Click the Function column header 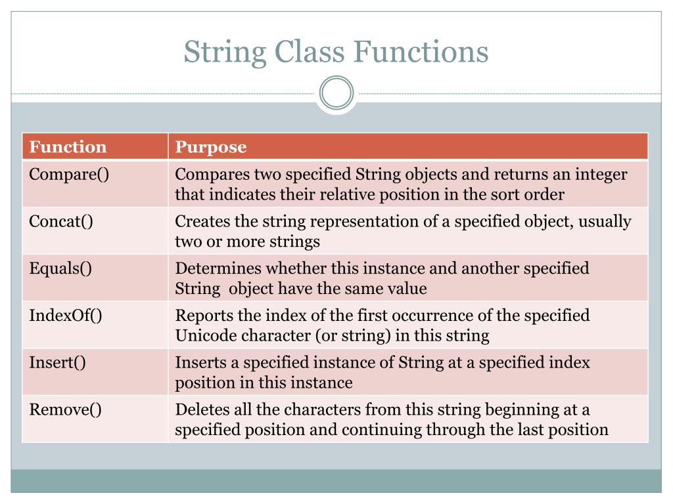pyautogui.click(x=68, y=147)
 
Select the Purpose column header pyautogui.click(x=210, y=147)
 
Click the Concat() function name pyautogui.click(x=61, y=222)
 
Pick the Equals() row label pyautogui.click(x=60, y=268)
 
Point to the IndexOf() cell pyautogui.click(x=66, y=316)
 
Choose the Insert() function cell pyautogui.click(x=58, y=363)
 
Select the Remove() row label pyautogui.click(x=65, y=410)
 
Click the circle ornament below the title pyautogui.click(x=336, y=93)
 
